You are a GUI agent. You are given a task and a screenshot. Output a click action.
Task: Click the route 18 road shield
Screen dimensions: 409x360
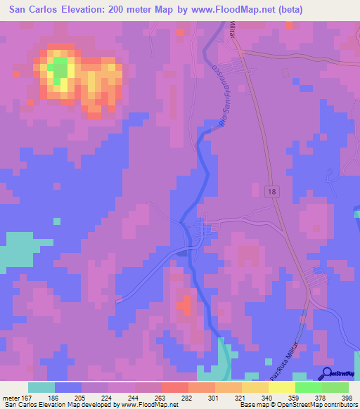click(x=271, y=191)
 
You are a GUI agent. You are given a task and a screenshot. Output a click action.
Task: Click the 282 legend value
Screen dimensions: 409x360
click(x=187, y=397)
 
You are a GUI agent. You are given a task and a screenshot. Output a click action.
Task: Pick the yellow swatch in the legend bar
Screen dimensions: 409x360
click(x=281, y=387)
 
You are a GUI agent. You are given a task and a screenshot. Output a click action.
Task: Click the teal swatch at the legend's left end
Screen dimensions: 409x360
click(x=41, y=387)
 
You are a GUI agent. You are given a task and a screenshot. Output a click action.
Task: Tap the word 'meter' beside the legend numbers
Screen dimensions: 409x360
click(x=11, y=397)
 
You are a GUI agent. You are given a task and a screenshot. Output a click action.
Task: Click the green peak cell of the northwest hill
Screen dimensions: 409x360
click(x=59, y=68)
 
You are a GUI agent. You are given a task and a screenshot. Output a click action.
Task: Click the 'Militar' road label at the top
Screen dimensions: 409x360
click(x=233, y=31)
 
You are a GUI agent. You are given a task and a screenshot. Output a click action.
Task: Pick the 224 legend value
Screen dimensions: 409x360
click(x=107, y=397)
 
